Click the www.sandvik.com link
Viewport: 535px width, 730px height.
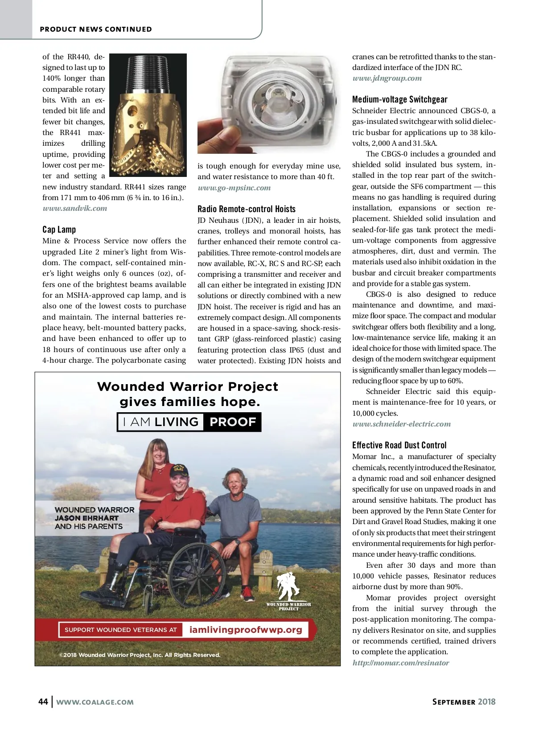coord(75,209)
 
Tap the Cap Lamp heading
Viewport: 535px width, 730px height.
coord(59,230)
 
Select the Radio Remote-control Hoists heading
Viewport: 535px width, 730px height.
coord(247,209)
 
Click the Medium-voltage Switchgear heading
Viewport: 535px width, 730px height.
coord(399,99)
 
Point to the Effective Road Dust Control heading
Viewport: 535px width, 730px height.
coord(399,445)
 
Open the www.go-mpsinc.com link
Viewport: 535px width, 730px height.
coord(234,188)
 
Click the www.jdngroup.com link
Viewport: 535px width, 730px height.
coord(387,78)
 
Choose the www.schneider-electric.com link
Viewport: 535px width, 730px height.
coord(402,424)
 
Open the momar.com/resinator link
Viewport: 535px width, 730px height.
coord(401,663)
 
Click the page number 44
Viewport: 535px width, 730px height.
coord(43,702)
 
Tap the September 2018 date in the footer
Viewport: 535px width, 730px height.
coord(464,702)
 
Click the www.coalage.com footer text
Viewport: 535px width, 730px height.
coord(95,702)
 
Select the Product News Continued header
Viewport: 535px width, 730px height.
coord(96,29)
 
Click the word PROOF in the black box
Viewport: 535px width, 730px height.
coord(233,422)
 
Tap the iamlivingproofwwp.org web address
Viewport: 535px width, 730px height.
coord(246,630)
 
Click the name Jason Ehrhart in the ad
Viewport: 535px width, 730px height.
coord(86,518)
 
